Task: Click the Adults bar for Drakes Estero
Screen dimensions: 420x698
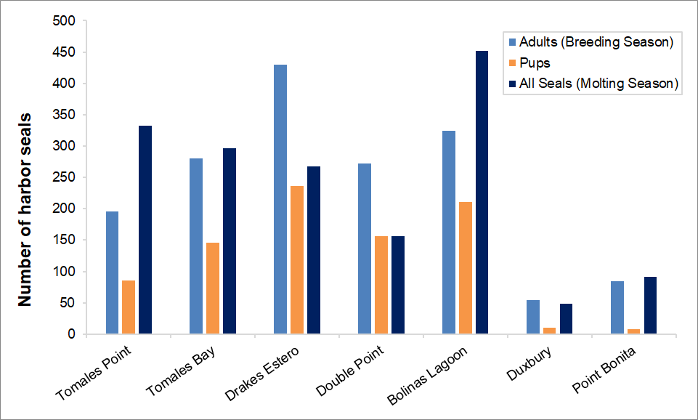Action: (280, 199)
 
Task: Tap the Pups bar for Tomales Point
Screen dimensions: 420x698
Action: (129, 307)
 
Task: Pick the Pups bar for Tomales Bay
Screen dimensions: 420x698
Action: (212, 288)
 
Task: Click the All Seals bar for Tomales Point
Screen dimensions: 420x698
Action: (145, 230)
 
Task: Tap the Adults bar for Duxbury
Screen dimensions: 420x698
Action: (533, 317)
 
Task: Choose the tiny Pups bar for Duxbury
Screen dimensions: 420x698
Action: (550, 331)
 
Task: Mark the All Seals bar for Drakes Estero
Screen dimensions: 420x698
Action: (314, 250)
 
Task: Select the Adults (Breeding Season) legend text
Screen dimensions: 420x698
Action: (596, 42)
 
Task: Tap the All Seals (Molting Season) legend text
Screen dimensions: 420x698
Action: (598, 84)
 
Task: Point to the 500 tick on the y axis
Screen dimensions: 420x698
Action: (65, 21)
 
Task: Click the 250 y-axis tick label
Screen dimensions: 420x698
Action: (65, 177)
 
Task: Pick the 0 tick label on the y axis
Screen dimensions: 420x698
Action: (71, 334)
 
